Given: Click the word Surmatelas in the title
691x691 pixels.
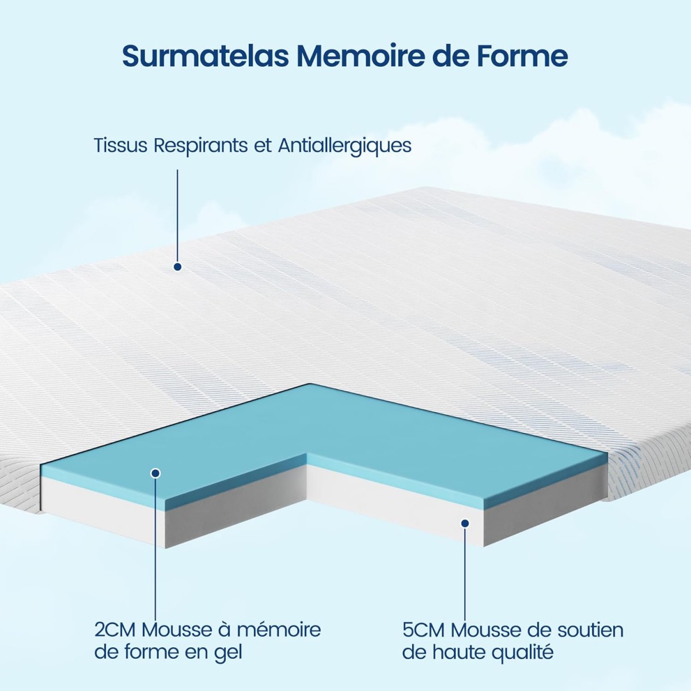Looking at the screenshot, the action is [206, 56].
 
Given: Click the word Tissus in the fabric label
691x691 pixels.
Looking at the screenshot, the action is [120, 146].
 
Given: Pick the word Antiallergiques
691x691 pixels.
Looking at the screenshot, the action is [344, 146].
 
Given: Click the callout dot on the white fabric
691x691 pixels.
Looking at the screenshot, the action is [177, 267].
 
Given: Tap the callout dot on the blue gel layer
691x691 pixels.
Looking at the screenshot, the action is [155, 473].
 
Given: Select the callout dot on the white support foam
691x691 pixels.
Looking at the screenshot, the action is [465, 523].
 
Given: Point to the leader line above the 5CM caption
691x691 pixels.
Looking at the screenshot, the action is [465, 573].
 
